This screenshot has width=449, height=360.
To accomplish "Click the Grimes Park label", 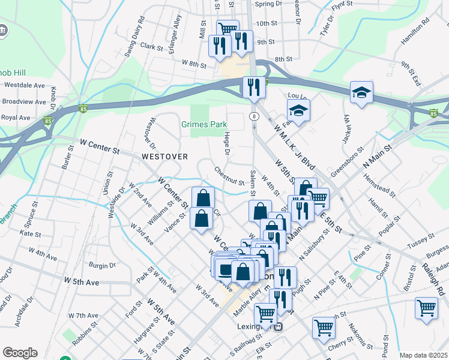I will pyautogui.click(x=204, y=125).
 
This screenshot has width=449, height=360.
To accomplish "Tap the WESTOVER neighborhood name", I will pyautogui.click(x=164, y=157).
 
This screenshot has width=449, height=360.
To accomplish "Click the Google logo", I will pyautogui.click(x=20, y=353).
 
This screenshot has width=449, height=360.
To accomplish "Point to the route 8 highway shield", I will pyautogui.click(x=255, y=116).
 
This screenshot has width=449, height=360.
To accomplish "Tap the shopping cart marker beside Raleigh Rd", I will pyautogui.click(x=426, y=308).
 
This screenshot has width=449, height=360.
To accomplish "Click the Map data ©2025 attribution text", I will pyautogui.click(x=423, y=355).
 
